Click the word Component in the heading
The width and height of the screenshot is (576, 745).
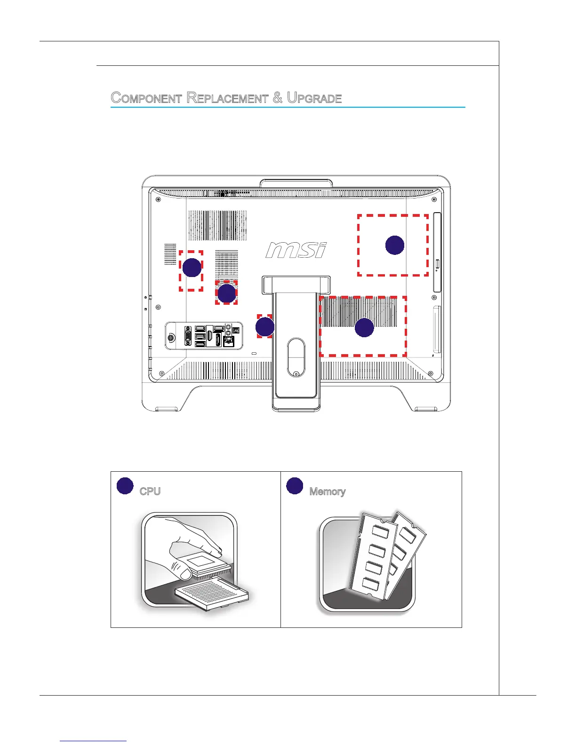click(x=146, y=98)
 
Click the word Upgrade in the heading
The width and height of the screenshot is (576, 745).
click(x=314, y=98)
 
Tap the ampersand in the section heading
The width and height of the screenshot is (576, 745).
click(x=278, y=98)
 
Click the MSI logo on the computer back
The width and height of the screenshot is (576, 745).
click(x=296, y=250)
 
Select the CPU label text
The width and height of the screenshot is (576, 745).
click(x=150, y=491)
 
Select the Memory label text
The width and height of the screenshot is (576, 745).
click(x=328, y=491)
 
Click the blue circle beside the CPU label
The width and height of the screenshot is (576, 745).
click(x=125, y=486)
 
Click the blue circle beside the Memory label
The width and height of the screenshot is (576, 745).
click(x=295, y=486)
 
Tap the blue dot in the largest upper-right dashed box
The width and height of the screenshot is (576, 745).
click(x=394, y=245)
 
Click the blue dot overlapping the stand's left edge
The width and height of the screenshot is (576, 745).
click(x=264, y=327)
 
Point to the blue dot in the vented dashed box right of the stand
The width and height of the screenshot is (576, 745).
click(x=364, y=327)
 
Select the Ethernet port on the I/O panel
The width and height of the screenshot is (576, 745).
click(x=229, y=341)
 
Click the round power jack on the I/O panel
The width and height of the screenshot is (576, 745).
click(x=171, y=337)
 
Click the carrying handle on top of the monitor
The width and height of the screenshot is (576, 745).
click(x=296, y=184)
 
